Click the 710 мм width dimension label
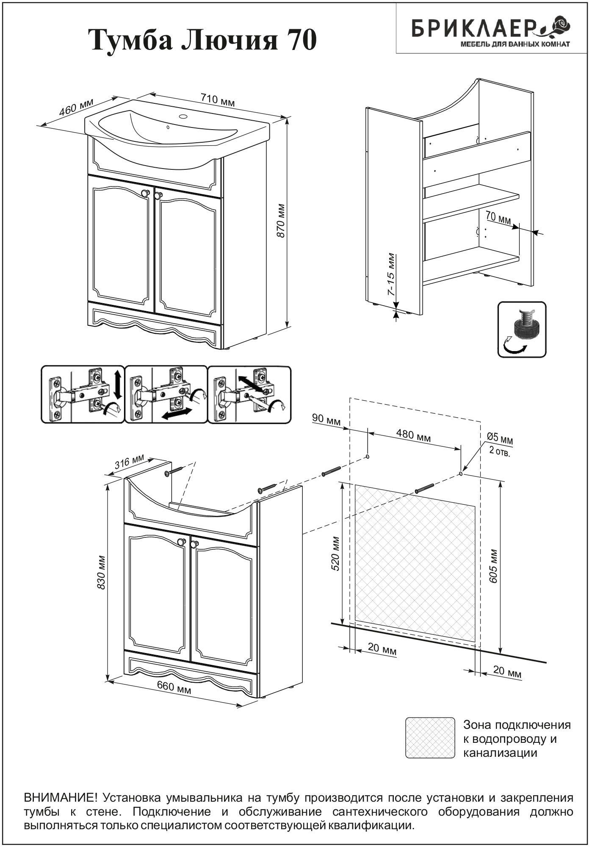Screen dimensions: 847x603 (217, 100)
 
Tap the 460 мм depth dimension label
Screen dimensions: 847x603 (76, 107)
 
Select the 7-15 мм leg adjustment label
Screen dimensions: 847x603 (391, 274)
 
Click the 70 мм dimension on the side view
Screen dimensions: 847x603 (498, 219)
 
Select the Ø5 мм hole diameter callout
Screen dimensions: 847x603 (500, 439)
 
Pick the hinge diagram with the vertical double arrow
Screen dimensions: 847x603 (83, 394)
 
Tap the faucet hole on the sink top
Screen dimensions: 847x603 (183, 116)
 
